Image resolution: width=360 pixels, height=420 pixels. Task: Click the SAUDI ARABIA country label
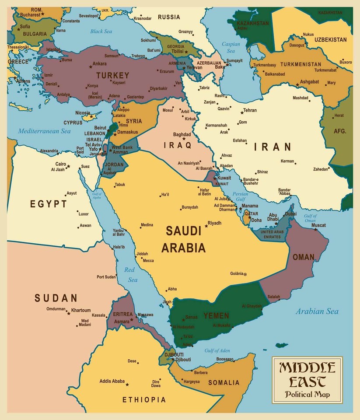tap(183, 239)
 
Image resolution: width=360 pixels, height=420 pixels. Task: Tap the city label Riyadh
tap(214, 223)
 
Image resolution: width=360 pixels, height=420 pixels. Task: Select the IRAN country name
tap(273, 147)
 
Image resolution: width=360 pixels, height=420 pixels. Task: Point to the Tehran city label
tap(250, 110)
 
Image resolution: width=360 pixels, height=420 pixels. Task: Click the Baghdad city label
tap(182, 134)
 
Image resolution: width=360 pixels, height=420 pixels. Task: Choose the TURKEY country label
tap(112, 75)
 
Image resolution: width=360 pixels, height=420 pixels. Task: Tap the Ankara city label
tap(100, 64)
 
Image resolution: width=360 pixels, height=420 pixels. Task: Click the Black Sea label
tap(101, 31)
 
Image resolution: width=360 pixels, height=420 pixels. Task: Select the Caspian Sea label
tap(231, 47)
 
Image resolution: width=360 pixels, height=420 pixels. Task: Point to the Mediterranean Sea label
tap(44, 131)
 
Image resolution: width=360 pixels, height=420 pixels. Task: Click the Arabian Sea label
tap(317, 311)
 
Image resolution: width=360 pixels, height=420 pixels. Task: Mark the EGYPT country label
tap(49, 204)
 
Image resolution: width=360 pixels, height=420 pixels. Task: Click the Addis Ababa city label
tap(112, 381)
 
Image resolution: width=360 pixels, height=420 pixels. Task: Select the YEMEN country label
tap(216, 315)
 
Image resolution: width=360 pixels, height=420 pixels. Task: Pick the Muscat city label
tap(318, 225)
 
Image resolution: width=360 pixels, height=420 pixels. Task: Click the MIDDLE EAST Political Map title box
tap(307, 380)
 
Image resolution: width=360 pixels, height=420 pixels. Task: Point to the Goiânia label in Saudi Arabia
tap(236, 274)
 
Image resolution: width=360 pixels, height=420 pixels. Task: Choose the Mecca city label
tap(148, 261)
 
